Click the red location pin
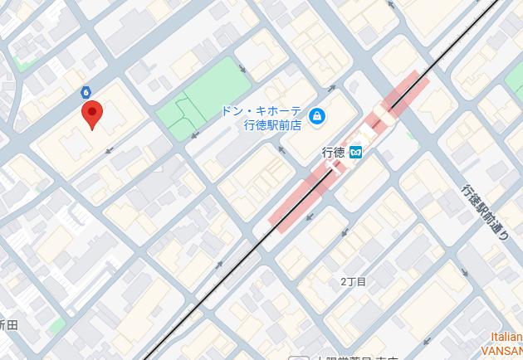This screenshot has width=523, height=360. pyautogui.click(x=91, y=115)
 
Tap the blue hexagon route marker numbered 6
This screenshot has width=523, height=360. pyautogui.click(x=86, y=92)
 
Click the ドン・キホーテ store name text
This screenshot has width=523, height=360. pyautogui.click(x=260, y=111)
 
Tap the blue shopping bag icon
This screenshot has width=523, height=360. pyautogui.click(x=315, y=117)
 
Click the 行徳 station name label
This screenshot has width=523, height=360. pyautogui.click(x=332, y=152)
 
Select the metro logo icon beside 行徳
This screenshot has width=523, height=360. pyautogui.click(x=355, y=152)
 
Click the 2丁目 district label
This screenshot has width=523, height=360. pyautogui.click(x=353, y=282)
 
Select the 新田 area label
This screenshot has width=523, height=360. pyautogui.click(x=8, y=324)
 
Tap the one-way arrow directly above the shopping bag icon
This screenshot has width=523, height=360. pyautogui.click(x=331, y=87)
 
